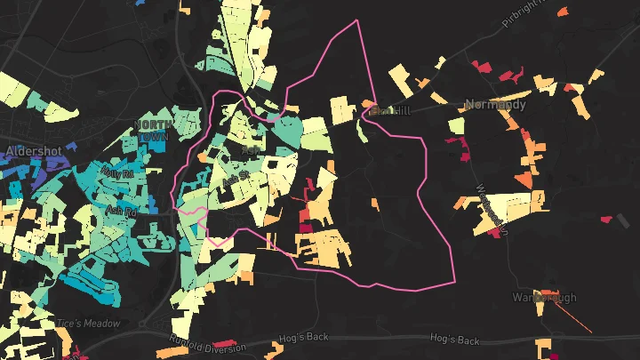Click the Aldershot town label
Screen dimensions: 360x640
(x=33, y=151)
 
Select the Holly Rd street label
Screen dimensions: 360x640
(x=116, y=172)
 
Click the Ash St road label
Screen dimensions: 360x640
(x=236, y=180)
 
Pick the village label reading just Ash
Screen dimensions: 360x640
(x=250, y=152)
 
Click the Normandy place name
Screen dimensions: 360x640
(x=495, y=105)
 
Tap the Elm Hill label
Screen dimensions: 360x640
(x=390, y=111)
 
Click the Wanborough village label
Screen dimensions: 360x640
(x=544, y=297)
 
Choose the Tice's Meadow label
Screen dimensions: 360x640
(x=88, y=323)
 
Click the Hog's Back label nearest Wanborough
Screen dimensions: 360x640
(x=454, y=340)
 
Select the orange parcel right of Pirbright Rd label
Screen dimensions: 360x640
(x=561, y=12)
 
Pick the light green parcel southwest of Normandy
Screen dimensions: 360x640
(x=457, y=125)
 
